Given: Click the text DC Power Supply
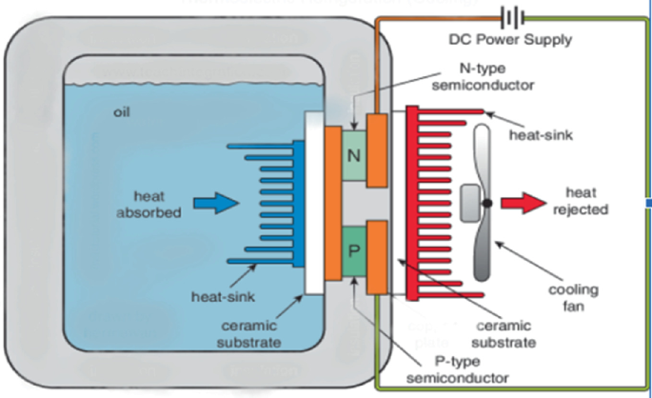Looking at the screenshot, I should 510,40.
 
